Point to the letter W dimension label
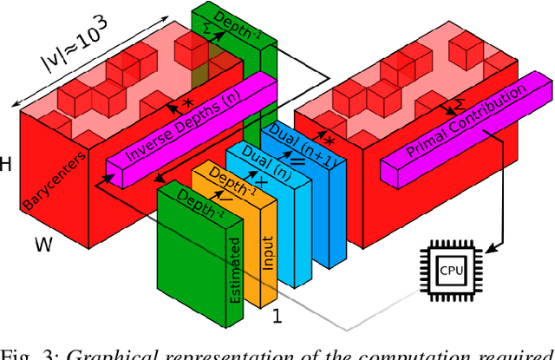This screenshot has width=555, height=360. pos(44,245)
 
